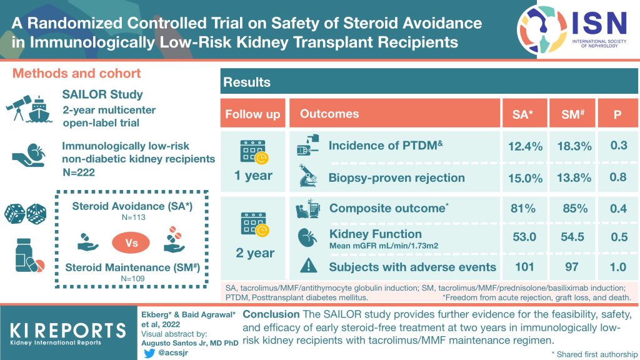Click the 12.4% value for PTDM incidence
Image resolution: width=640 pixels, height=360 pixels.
pyautogui.click(x=525, y=146)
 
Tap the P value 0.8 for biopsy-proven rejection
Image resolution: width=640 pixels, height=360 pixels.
pyautogui.click(x=617, y=177)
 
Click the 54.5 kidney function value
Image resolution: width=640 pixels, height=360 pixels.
pyautogui.click(x=574, y=237)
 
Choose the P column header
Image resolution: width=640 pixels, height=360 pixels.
pyautogui.click(x=617, y=114)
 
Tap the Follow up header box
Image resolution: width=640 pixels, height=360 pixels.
pyautogui.click(x=253, y=114)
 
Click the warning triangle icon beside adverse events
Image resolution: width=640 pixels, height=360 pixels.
pyautogui.click(x=308, y=267)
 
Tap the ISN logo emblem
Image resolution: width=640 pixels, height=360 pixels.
pyautogui.click(x=542, y=28)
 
